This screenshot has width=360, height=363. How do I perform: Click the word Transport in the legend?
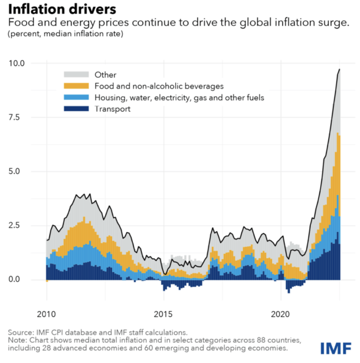112,109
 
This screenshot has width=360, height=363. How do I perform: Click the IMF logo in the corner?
336,348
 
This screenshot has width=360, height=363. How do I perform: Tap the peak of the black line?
339,69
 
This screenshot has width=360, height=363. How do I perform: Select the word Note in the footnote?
17,339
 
